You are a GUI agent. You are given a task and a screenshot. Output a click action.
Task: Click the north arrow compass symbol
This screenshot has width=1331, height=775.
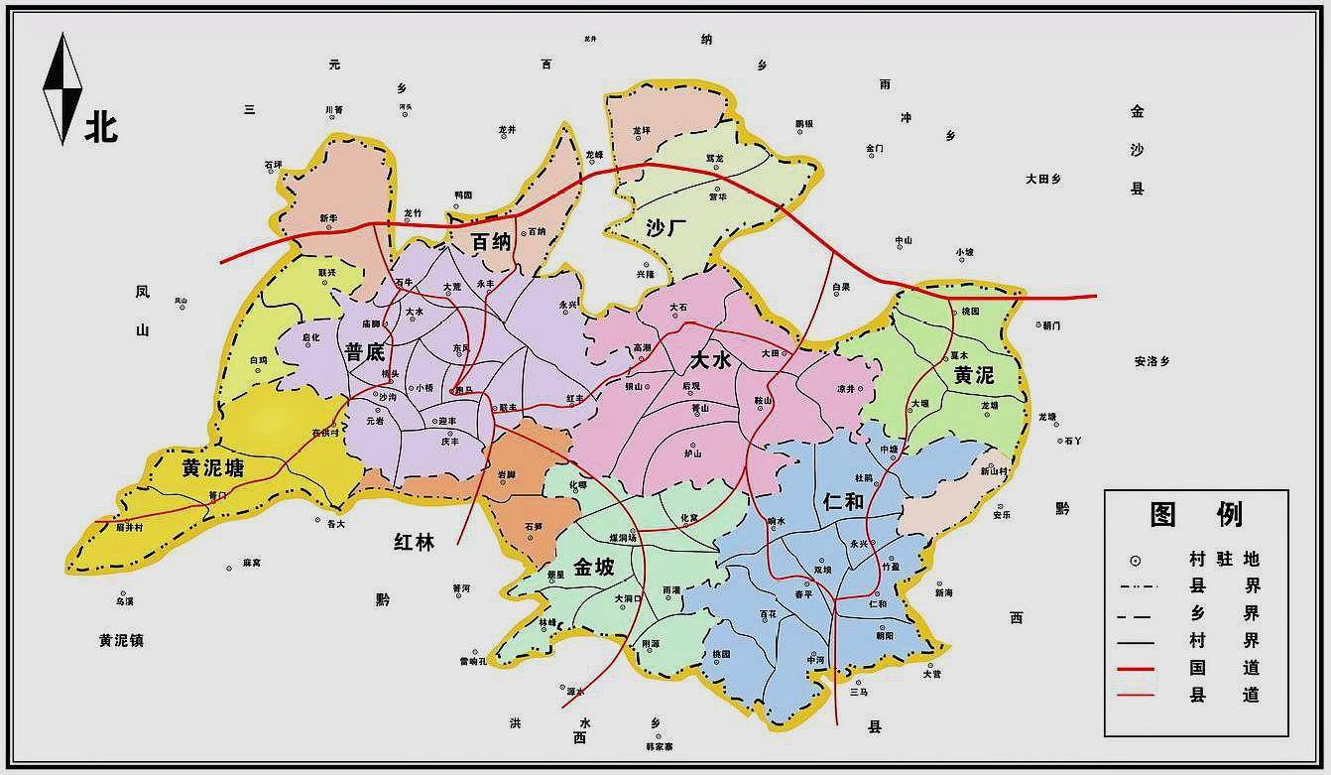[60, 89]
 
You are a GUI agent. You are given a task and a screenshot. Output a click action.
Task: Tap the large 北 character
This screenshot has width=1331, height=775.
[101, 127]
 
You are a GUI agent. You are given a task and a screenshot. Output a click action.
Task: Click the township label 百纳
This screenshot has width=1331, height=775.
[491, 241]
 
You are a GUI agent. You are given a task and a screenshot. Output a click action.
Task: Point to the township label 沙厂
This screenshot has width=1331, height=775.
[666, 228]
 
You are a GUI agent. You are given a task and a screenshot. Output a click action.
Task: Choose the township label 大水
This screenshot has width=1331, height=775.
[712, 360]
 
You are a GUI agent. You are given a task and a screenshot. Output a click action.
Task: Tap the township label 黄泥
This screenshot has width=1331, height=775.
[973, 375]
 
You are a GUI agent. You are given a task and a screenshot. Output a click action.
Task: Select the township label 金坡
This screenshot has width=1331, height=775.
[593, 568]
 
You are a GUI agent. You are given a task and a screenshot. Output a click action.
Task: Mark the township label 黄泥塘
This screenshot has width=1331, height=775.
[213, 468]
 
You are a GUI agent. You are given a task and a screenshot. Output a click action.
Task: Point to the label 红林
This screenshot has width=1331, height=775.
[414, 541]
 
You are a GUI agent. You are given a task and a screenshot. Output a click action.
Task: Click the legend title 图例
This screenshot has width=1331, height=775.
[1196, 514]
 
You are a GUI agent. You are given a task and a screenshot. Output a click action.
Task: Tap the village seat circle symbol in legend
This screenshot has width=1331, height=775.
[1135, 560]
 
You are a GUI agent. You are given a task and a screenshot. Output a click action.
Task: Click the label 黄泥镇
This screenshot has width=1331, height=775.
[121, 640]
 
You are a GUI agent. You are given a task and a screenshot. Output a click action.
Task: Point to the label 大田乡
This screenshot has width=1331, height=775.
[1043, 180]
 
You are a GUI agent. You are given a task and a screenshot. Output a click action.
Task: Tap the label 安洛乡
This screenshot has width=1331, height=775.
[1151, 361]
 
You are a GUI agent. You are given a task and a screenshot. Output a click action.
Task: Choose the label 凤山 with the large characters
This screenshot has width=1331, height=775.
[142, 311]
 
